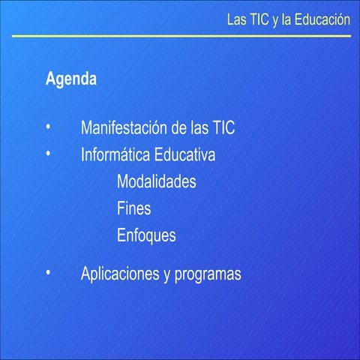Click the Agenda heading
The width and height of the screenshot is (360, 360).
(70, 79)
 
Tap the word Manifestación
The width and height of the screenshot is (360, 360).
(124, 127)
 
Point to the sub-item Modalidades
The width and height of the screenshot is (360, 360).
(157, 181)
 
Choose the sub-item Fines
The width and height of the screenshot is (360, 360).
(134, 208)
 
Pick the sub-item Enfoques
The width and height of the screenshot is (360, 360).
(146, 235)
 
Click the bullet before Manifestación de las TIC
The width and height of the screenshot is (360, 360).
(48, 127)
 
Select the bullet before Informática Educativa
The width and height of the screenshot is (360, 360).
(48, 154)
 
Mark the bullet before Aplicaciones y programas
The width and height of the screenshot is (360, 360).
(48, 272)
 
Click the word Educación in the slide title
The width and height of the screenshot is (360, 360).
(322, 19)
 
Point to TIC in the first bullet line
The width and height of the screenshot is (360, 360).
(223, 127)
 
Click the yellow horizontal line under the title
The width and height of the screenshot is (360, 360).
(180, 35)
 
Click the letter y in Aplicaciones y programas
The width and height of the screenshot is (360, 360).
(166, 274)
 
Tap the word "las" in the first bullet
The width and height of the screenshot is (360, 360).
(199, 127)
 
